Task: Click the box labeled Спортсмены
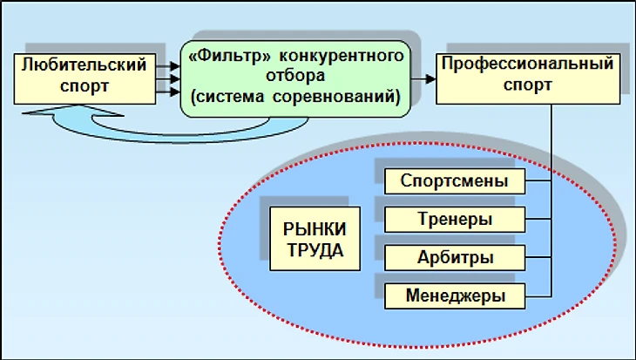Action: coord(454,181)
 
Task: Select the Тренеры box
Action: coord(454,219)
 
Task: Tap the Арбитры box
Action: coord(454,258)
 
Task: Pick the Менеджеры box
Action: coord(454,296)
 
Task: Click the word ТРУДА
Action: coord(315,248)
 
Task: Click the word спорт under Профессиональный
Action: coord(528,85)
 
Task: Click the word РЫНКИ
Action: coord(315,228)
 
